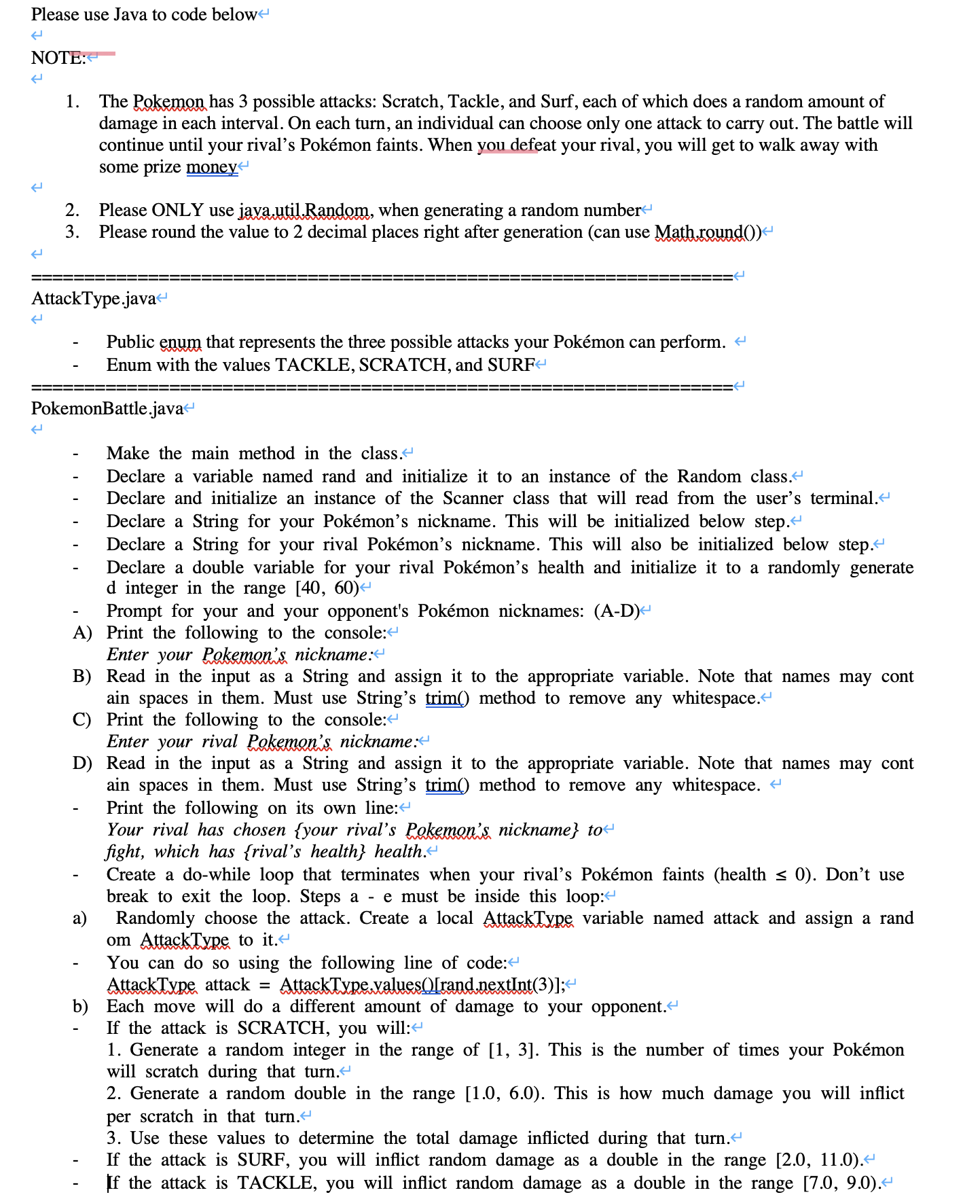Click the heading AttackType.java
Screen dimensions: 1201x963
94,298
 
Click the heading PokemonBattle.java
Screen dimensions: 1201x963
107,408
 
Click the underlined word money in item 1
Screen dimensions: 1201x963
211,167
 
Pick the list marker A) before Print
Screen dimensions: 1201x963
82,633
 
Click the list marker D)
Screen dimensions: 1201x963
82,764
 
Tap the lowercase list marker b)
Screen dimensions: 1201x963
80,1007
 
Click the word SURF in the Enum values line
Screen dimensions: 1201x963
511,365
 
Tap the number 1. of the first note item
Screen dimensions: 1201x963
72,102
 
